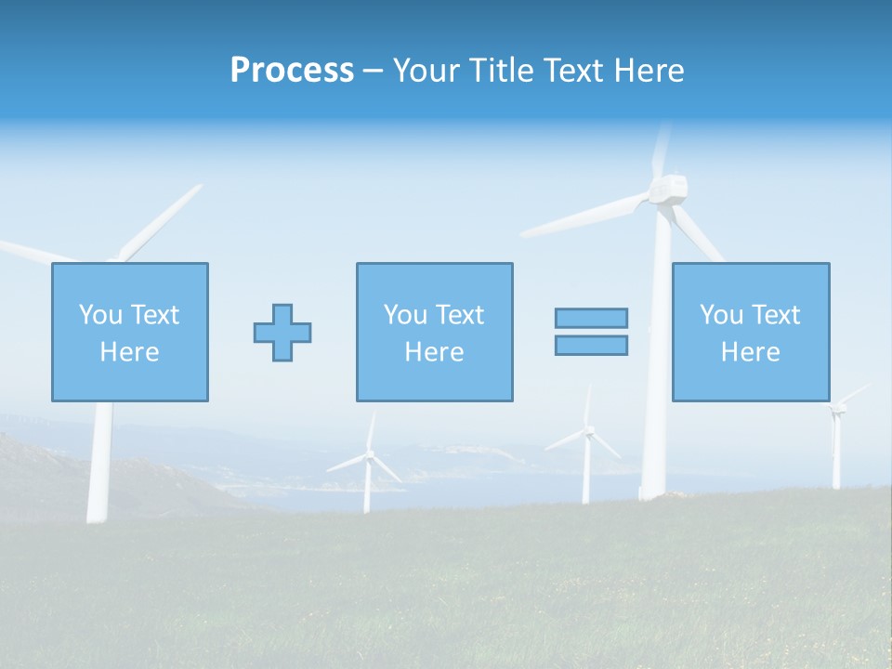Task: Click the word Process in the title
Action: click(x=292, y=71)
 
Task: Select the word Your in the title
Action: click(x=426, y=71)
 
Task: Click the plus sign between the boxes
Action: click(x=282, y=333)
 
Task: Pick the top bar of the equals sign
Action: click(x=591, y=318)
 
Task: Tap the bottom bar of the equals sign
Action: click(x=591, y=345)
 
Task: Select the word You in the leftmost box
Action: click(x=100, y=314)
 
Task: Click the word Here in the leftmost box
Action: click(x=129, y=352)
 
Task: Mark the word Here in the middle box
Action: click(x=434, y=352)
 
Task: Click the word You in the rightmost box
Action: click(x=721, y=314)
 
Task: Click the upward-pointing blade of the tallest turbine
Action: click(x=661, y=149)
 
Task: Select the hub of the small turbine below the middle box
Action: click(x=369, y=454)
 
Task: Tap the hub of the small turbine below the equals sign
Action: click(x=587, y=430)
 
